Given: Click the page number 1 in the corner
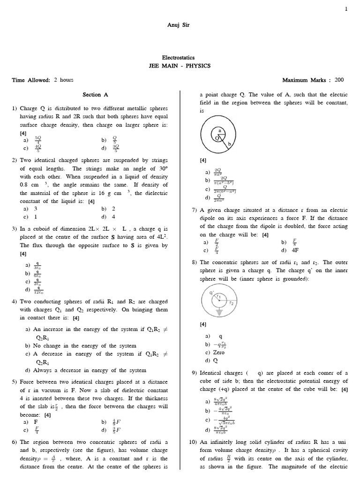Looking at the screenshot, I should [346, 8].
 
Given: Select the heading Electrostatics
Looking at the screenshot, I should [180, 57].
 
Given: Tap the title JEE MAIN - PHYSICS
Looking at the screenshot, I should [180, 66].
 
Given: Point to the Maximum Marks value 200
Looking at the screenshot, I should [339, 80].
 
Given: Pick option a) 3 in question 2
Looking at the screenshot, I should [30, 209].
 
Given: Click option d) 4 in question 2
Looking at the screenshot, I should [108, 217].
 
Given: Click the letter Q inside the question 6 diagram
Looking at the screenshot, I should [217, 138].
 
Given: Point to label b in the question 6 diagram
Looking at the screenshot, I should [230, 145].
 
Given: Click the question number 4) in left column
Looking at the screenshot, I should [15, 302].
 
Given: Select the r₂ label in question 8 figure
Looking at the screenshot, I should [230, 303].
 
